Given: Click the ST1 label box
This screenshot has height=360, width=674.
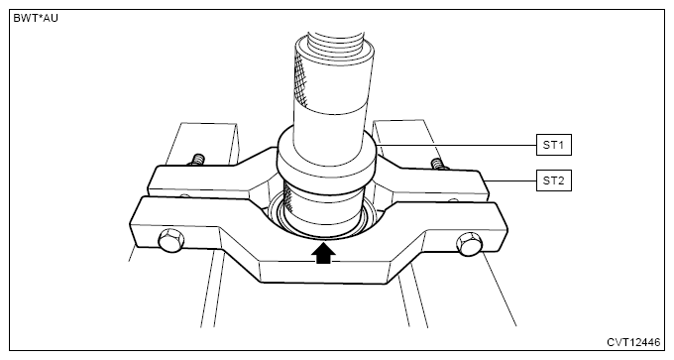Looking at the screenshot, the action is [x=554, y=145].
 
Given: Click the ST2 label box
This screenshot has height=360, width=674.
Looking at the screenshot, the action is [x=554, y=180].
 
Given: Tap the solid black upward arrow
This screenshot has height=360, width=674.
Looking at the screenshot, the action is [x=323, y=253].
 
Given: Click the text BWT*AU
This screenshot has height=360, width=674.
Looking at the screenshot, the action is [x=36, y=19].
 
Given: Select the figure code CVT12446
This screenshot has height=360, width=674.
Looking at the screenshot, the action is [x=633, y=342].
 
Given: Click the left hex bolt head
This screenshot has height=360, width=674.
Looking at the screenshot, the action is [x=170, y=240].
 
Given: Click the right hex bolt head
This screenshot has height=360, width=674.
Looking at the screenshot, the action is [x=470, y=244].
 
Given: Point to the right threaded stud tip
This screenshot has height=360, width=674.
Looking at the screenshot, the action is [x=437, y=164].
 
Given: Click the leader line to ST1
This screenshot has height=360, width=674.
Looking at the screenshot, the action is [x=457, y=145].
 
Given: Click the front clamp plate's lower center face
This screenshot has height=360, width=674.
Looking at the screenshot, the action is [x=324, y=272].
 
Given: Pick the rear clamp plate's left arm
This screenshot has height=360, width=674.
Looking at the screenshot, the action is [x=202, y=180].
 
